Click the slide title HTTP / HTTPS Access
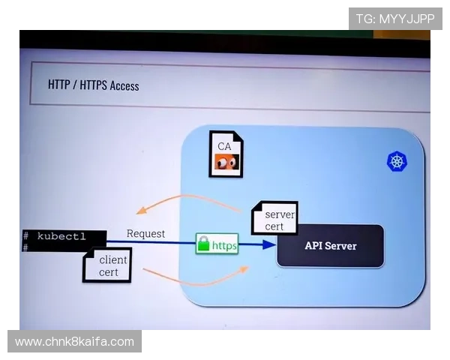tap(94, 85)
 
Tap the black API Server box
tap(330, 246)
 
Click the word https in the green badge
tap(224, 245)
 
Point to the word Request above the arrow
tap(145, 233)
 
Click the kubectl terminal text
tap(61, 236)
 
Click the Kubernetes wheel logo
tap(396, 160)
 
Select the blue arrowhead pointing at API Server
tap(268, 244)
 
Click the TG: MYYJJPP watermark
tap(395, 18)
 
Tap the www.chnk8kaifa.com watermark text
tap(74, 342)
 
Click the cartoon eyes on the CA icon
tap(225, 163)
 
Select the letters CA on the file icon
tap(224, 145)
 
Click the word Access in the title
tap(124, 85)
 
